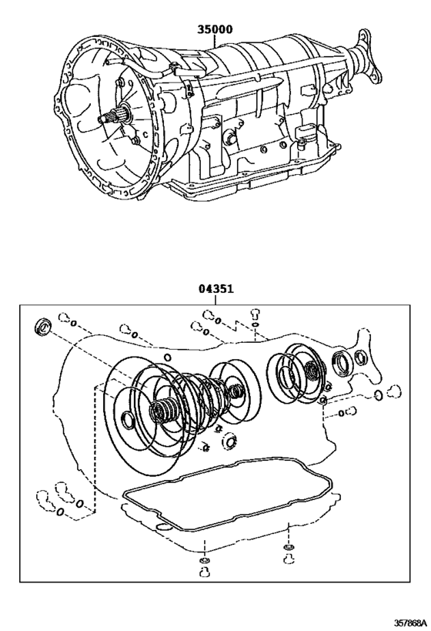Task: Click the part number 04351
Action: [216, 289]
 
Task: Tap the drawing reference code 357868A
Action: [400, 621]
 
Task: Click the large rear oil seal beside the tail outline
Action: [342, 361]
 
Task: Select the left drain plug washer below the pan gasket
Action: [203, 561]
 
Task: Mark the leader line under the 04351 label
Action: [216, 300]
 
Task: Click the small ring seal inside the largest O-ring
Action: [127, 422]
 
